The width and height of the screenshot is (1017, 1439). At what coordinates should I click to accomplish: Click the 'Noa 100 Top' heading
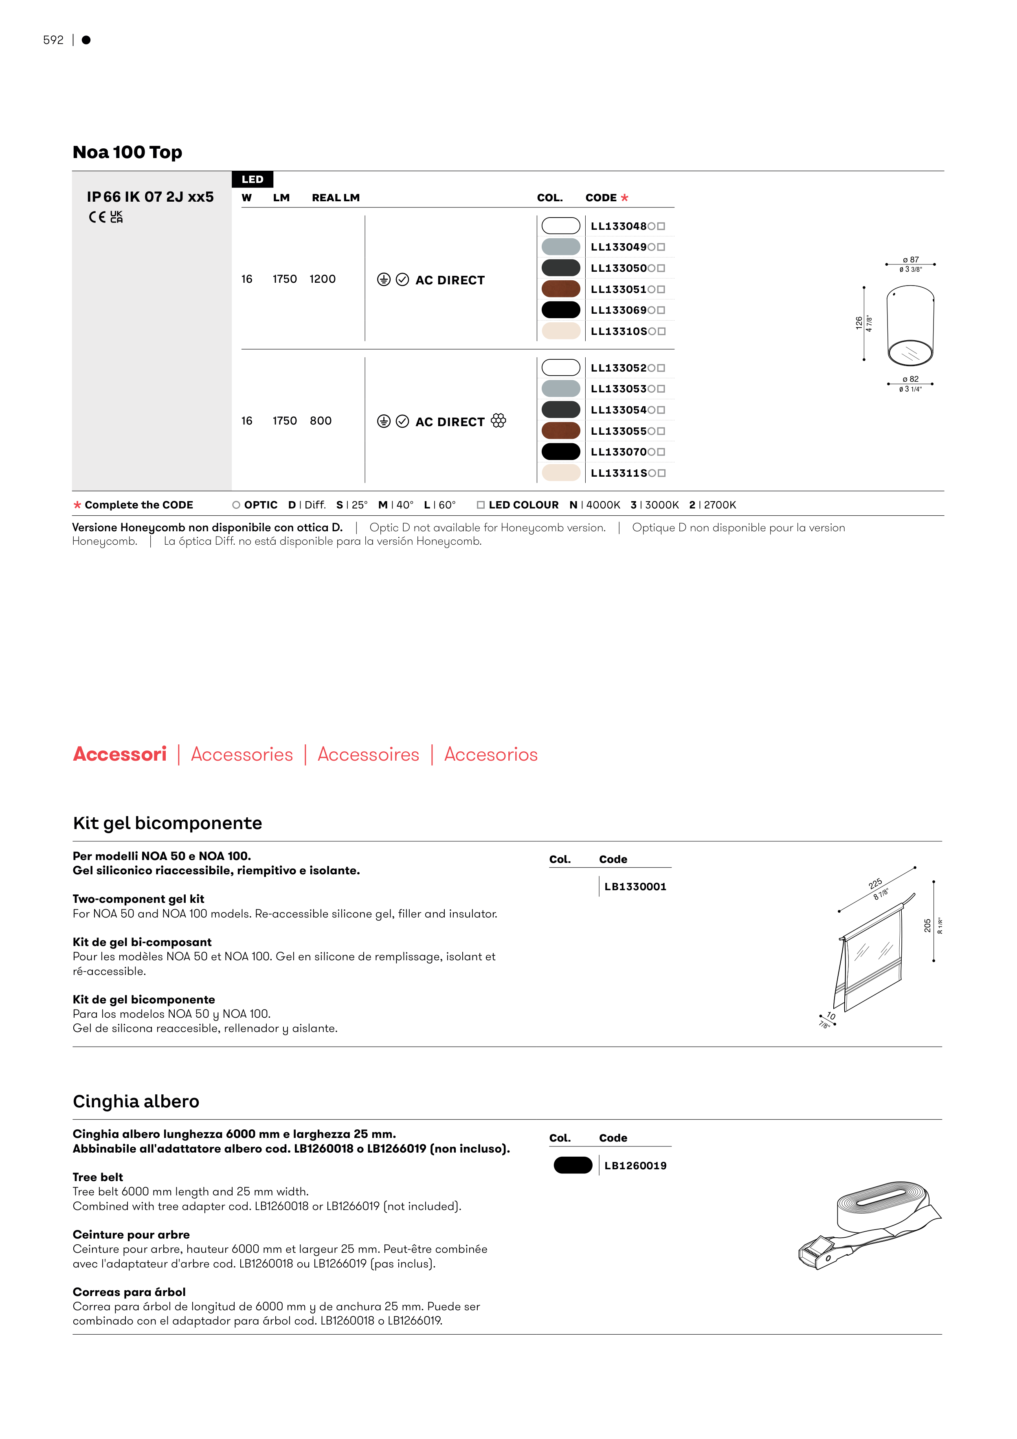point(127,152)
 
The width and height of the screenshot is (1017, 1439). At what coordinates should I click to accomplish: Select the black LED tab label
point(253,179)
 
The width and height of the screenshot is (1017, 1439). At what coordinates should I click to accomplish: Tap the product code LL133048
point(619,226)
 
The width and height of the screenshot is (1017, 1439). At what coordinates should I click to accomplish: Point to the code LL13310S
point(619,332)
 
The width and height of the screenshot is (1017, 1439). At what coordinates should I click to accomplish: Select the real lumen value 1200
point(322,279)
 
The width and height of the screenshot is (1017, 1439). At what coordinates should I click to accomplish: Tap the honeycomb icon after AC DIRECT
point(498,420)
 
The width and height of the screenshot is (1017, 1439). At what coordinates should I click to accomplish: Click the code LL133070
point(619,452)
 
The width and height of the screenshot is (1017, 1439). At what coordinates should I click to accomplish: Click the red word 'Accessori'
point(120,754)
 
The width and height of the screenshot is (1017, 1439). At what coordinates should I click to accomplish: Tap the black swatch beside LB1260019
point(573,1165)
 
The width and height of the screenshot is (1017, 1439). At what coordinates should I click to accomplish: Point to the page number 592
point(53,40)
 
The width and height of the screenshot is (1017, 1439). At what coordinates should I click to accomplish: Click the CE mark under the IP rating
point(97,217)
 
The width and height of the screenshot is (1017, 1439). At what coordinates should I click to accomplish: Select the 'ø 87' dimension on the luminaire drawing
point(910,260)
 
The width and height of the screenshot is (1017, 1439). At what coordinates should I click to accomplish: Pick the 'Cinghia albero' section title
point(136,1101)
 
